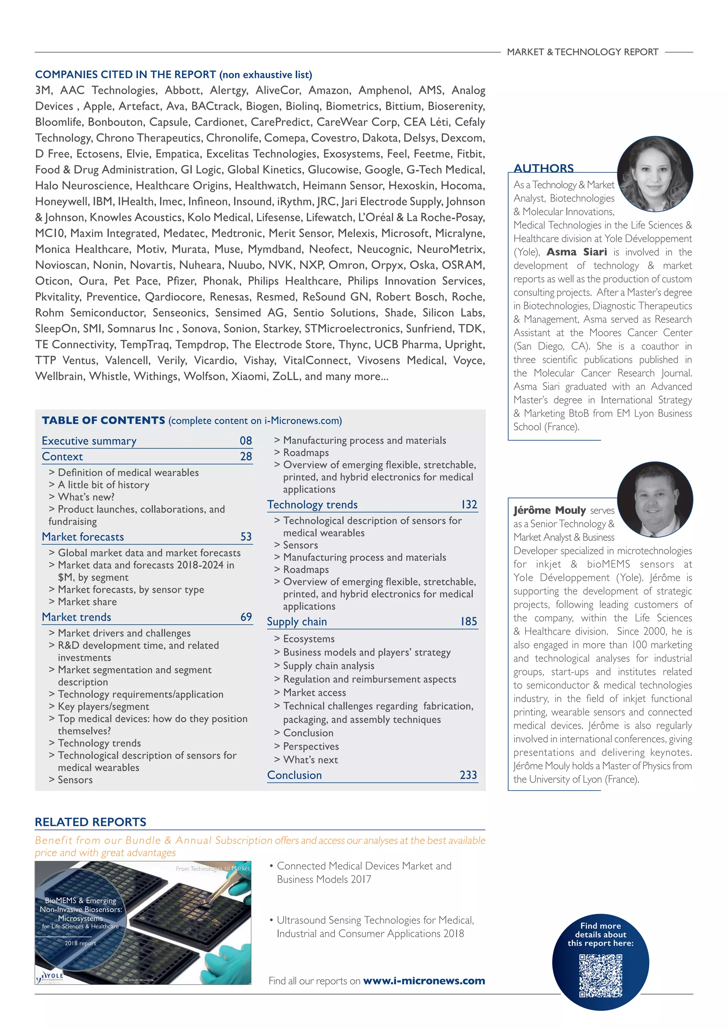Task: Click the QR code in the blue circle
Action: [x=600, y=976]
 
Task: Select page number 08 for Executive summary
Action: [x=246, y=441]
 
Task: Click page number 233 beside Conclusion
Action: [x=468, y=775]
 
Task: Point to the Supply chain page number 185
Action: [x=469, y=621]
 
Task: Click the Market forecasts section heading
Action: [x=83, y=537]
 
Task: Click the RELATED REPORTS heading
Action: [x=91, y=822]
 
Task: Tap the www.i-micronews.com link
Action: [x=424, y=981]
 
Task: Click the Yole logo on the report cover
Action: [x=50, y=977]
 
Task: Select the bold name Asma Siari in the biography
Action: [x=577, y=252]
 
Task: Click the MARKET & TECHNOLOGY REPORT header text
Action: [x=582, y=52]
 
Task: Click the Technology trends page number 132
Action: [x=469, y=505]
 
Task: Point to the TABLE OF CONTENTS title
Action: [x=103, y=420]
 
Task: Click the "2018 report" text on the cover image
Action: [x=80, y=943]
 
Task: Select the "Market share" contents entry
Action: [x=87, y=602]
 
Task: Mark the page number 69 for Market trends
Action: [x=246, y=617]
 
